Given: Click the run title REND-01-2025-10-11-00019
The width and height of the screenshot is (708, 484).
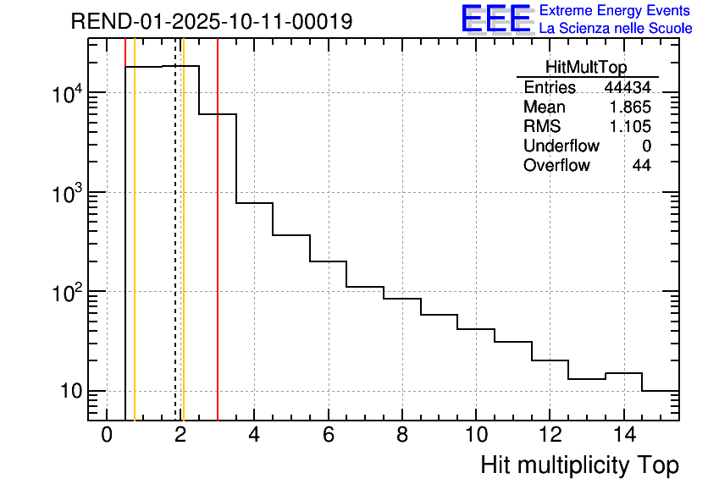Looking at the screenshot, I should (211, 21).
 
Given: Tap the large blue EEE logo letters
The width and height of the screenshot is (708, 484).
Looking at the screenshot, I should (496, 19).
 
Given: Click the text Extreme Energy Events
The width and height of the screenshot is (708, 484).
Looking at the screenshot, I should (615, 11).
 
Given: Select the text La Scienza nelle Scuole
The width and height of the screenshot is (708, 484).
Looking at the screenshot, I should (615, 29).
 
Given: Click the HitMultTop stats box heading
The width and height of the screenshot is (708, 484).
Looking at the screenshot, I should (587, 69).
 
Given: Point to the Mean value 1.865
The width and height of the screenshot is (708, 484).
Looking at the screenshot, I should (631, 107).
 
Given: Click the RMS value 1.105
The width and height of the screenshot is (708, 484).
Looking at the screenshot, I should (631, 127).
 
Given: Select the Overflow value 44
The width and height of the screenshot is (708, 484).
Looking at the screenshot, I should (642, 166).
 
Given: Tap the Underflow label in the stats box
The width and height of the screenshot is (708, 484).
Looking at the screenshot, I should (561, 146).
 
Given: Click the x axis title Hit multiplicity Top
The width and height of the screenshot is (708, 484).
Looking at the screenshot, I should (579, 465).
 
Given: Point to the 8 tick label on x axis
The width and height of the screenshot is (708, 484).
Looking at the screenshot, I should (402, 436).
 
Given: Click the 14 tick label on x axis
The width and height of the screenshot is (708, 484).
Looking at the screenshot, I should (622, 436).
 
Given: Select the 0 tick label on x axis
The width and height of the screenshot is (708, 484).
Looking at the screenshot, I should (107, 436).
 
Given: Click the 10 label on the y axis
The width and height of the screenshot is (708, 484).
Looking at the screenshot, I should (67, 392).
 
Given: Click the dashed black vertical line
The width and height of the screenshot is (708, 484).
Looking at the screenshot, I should (175, 254).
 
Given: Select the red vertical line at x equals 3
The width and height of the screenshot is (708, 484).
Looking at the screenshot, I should (218, 254).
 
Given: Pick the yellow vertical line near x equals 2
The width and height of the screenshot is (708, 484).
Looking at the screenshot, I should (183, 254).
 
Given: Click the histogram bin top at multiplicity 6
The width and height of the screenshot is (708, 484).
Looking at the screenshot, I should (328, 261).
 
